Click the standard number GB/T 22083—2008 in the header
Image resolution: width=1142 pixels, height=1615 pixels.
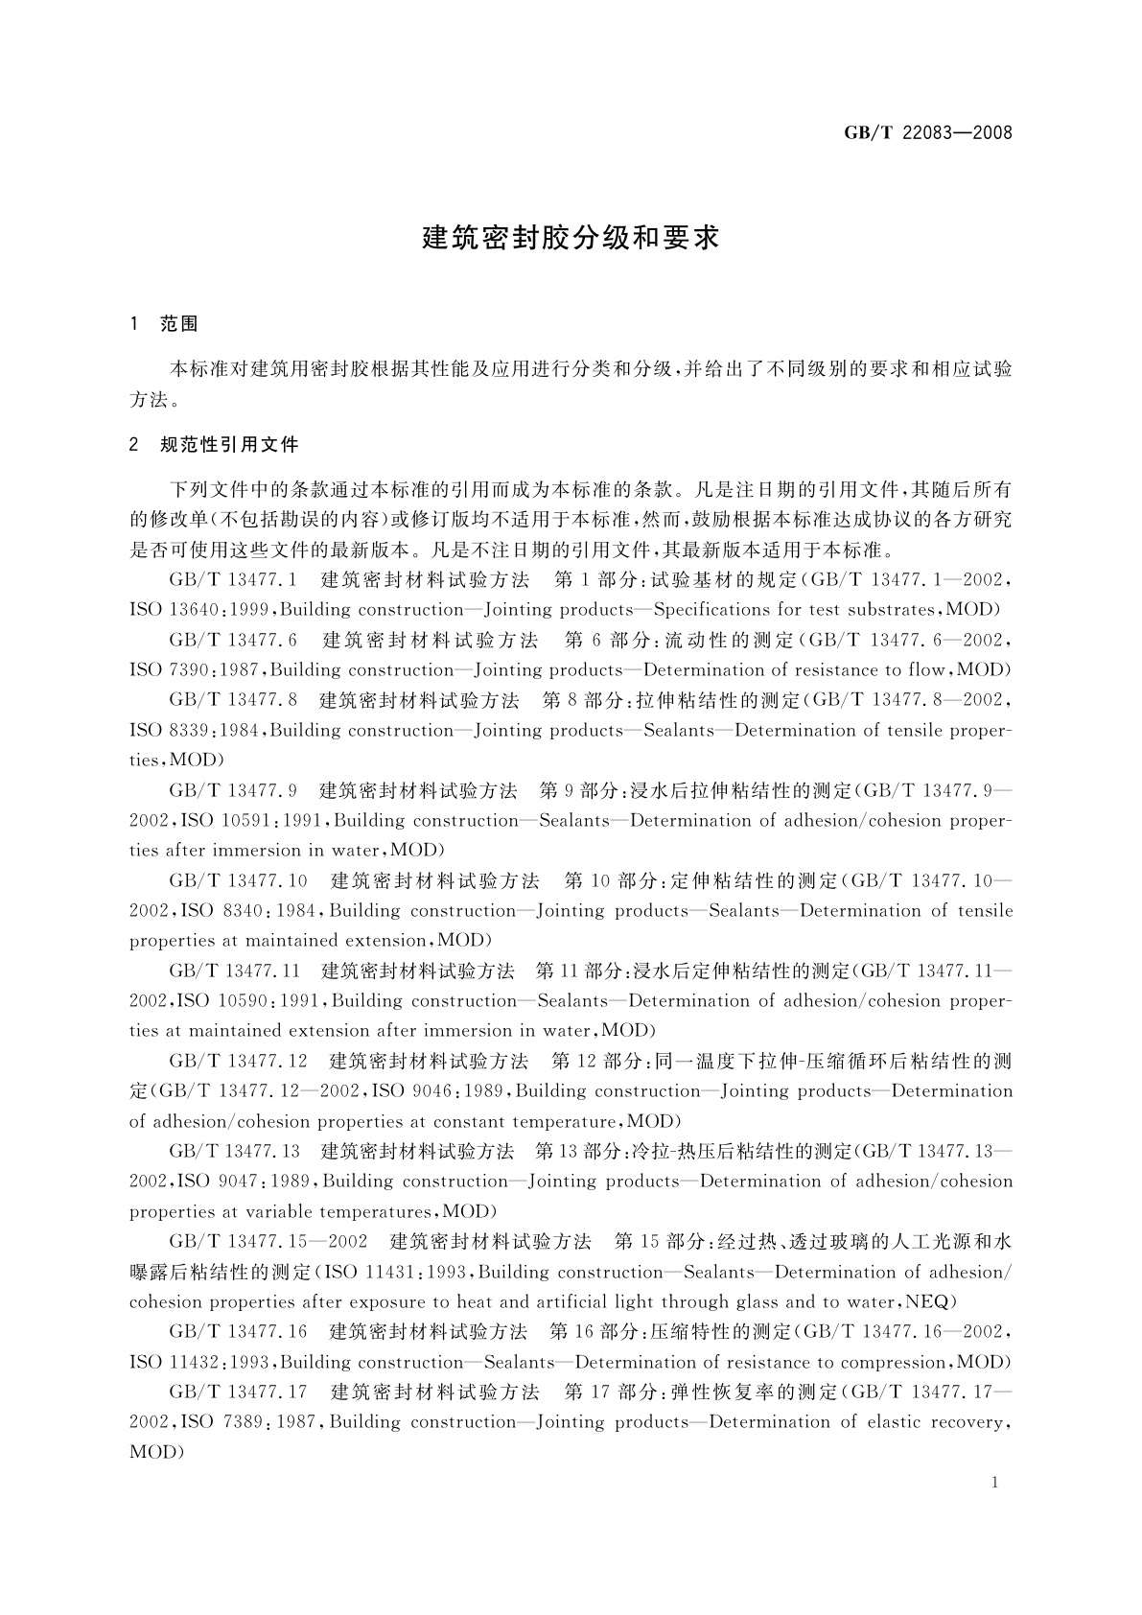coord(928,132)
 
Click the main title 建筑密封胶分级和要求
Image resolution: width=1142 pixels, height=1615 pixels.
coord(571,238)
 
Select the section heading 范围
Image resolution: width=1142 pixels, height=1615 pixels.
coord(178,324)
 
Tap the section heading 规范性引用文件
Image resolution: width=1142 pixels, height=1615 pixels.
coord(229,445)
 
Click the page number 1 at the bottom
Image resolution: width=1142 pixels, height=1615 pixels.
coord(994,1483)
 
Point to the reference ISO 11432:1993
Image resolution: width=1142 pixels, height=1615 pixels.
coord(202,1363)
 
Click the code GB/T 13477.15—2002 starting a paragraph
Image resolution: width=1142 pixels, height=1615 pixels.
coord(268,1242)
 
